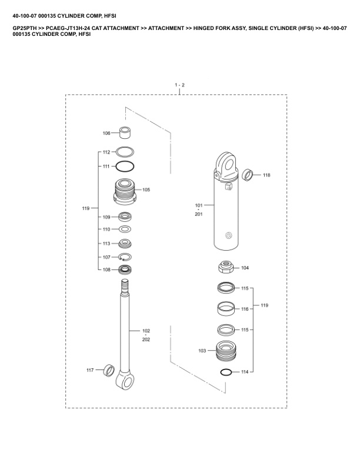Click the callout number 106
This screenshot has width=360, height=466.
(x=106, y=133)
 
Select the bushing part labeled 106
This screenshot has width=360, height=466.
(x=124, y=131)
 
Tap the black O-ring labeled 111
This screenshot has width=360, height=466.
(x=125, y=167)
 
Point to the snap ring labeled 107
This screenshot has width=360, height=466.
(x=125, y=257)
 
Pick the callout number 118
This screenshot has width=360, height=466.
(x=266, y=175)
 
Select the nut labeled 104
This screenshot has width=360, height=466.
(x=227, y=269)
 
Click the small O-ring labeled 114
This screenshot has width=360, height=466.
(x=226, y=372)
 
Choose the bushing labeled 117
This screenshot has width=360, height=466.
(x=108, y=370)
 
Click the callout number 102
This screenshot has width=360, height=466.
(x=146, y=331)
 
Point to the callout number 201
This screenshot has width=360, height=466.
(x=198, y=214)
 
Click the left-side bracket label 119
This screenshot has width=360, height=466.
(x=86, y=208)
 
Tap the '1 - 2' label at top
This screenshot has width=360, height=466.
(x=179, y=85)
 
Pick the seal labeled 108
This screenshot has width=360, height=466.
(x=125, y=270)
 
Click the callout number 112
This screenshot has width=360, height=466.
(x=106, y=152)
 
